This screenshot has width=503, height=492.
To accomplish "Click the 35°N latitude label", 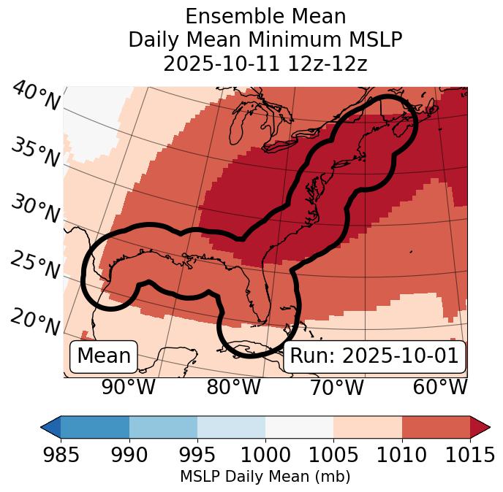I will [x=35, y=153].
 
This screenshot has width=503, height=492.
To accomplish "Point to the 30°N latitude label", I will [x=35, y=210].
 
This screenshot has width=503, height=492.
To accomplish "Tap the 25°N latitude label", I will [x=35, y=266].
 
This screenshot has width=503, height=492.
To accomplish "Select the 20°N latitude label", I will [x=35, y=321].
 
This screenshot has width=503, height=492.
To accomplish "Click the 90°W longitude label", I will [x=128, y=387].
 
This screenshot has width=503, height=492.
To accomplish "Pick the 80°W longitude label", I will [x=233, y=387].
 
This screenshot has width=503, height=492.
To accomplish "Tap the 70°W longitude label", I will [x=336, y=387].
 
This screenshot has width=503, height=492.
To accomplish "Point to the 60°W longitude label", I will [x=439, y=387].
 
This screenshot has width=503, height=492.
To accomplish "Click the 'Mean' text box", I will [x=104, y=356].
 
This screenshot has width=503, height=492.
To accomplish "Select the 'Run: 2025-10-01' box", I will [x=374, y=356].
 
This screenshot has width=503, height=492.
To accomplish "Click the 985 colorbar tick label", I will [x=61, y=455].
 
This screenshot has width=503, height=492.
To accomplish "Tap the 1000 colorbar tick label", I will [x=265, y=455].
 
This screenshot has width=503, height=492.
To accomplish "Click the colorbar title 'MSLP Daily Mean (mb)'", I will [x=265, y=477].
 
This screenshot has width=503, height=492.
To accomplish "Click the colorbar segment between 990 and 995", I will [x=163, y=426].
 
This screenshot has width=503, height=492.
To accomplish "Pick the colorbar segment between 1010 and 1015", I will [x=436, y=426].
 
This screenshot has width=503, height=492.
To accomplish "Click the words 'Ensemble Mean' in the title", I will [x=265, y=17].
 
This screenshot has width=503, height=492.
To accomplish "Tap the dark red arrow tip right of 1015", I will [x=480, y=426].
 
